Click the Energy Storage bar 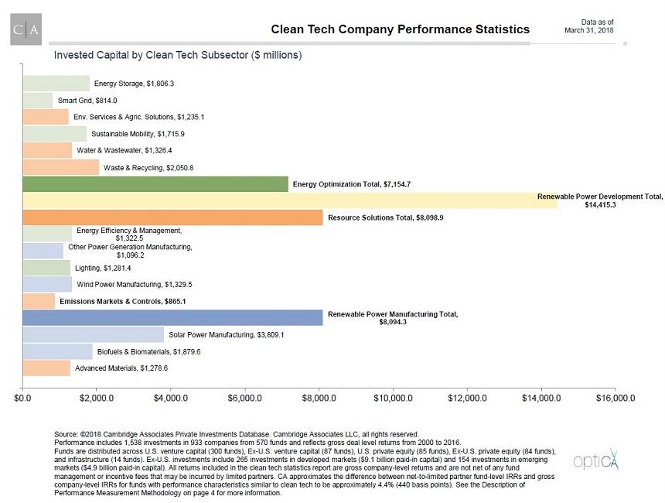coord(56,84)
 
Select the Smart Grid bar coord(38,101)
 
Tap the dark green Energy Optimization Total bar coord(155,184)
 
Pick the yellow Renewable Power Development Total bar coord(278,200)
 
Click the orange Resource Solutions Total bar coord(172,217)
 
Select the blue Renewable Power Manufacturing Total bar coord(172,318)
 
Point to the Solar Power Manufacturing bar coord(93,335)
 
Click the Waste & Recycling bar coord(60,167)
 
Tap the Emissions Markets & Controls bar coord(39,301)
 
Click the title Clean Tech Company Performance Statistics coord(400,29)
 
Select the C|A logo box coord(26,29)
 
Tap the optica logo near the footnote coord(595,461)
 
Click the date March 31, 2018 coord(589,30)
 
